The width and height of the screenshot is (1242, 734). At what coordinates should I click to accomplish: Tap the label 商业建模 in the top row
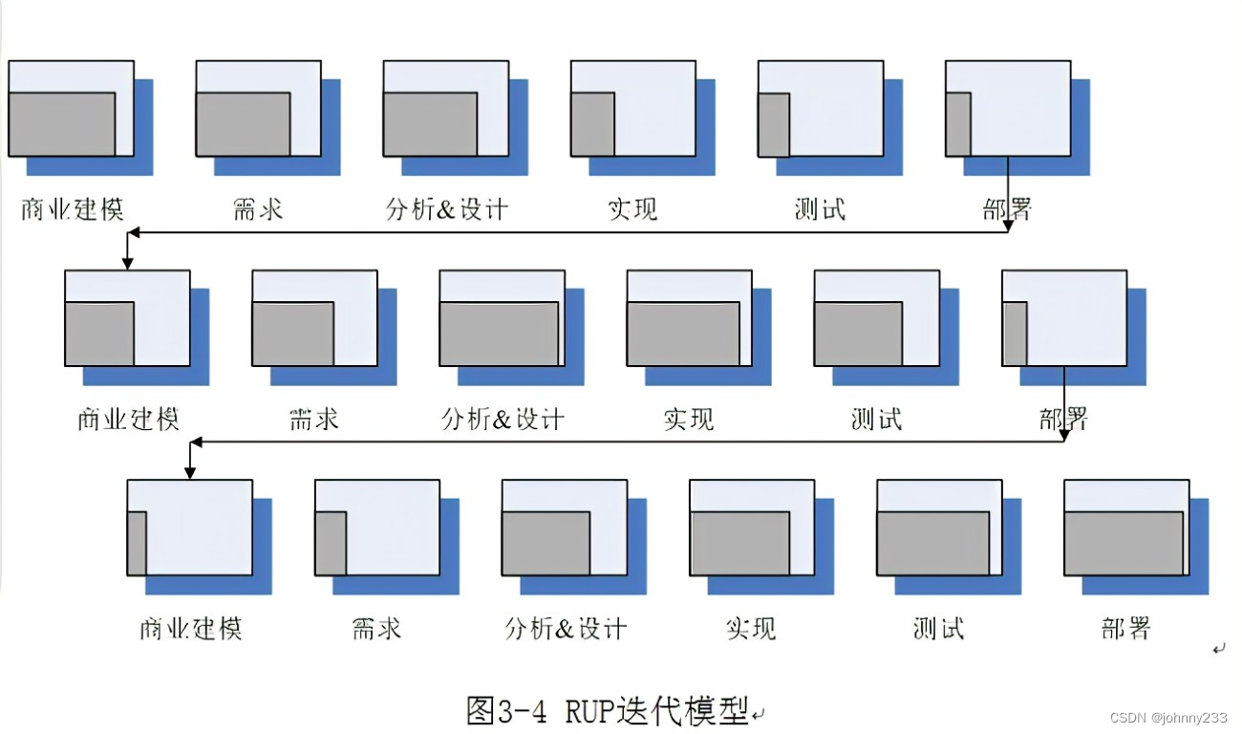pyautogui.click(x=73, y=208)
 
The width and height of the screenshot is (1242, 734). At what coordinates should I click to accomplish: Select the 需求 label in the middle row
pyautogui.click(x=314, y=419)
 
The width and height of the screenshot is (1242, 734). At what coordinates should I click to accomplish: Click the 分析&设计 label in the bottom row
pyautogui.click(x=566, y=628)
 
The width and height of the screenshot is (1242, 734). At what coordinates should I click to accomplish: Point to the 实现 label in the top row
pyautogui.click(x=632, y=208)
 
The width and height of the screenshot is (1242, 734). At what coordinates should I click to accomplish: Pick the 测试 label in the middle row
pyautogui.click(x=876, y=419)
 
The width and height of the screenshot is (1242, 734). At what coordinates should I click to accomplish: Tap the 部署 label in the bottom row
pyautogui.click(x=1125, y=628)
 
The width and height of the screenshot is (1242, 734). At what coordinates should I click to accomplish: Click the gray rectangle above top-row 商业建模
pyautogui.click(x=61, y=124)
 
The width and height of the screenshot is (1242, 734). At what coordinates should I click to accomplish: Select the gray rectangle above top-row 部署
pyautogui.click(x=958, y=124)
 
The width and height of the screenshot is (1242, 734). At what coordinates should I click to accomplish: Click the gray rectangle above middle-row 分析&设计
pyautogui.click(x=499, y=334)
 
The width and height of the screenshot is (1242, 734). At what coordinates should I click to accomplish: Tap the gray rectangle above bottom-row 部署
pyautogui.click(x=1124, y=543)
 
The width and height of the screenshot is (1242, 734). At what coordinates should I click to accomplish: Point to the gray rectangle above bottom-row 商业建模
pyautogui.click(x=137, y=543)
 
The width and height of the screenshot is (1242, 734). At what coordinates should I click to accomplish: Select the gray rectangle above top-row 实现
pyautogui.click(x=592, y=124)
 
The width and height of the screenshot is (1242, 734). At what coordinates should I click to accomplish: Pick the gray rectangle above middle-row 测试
pyautogui.click(x=858, y=334)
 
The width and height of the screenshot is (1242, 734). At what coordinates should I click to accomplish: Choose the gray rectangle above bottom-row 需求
pyautogui.click(x=331, y=543)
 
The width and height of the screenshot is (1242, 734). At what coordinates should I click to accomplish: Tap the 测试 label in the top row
pyautogui.click(x=820, y=208)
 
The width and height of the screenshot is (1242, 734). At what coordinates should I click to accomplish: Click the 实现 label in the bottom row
pyautogui.click(x=751, y=628)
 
